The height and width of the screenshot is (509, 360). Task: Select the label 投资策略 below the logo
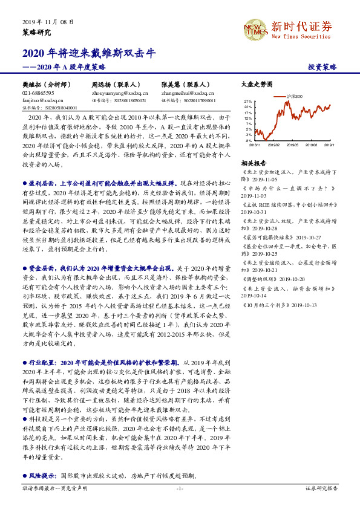point(322,67)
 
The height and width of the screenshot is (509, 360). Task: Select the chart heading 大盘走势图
point(257,85)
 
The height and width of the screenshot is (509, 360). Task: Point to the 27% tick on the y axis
point(248,102)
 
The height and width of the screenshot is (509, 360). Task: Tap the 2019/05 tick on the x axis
point(292,146)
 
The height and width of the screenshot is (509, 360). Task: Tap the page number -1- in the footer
point(179,487)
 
